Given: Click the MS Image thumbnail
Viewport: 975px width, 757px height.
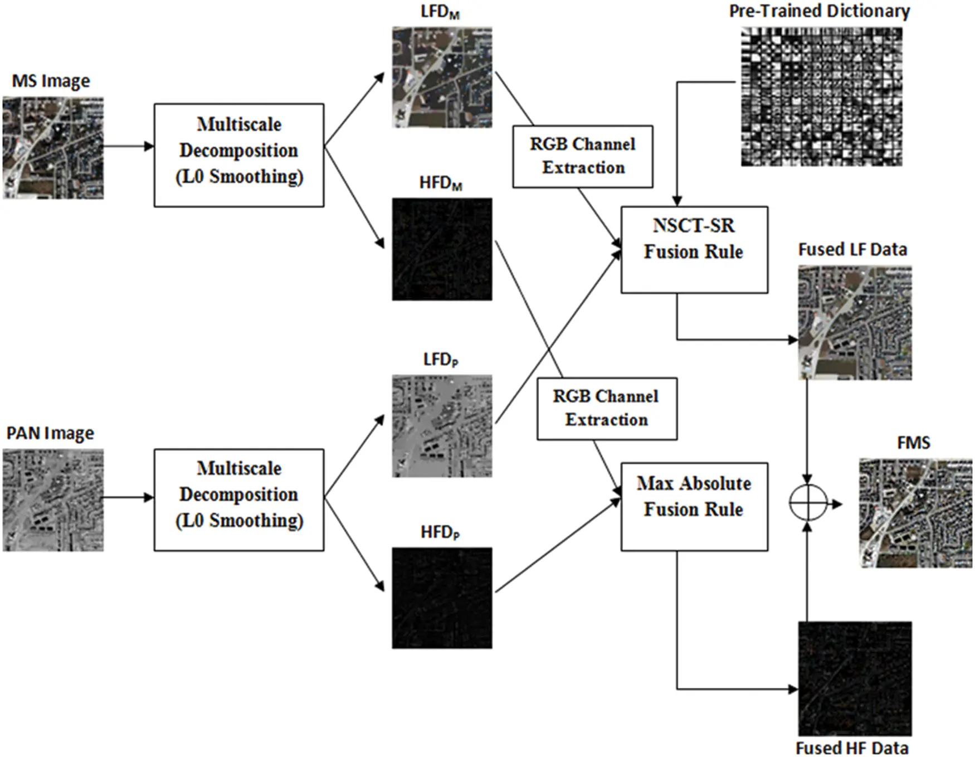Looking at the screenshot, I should pyautogui.click(x=53, y=148).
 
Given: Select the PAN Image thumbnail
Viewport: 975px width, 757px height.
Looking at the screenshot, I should pyautogui.click(x=53, y=500).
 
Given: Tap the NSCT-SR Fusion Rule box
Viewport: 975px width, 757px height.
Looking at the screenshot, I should pyautogui.click(x=694, y=250).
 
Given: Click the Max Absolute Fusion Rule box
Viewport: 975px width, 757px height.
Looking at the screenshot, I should pyautogui.click(x=694, y=507).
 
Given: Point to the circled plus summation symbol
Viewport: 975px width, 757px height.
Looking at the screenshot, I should pyautogui.click(x=808, y=504).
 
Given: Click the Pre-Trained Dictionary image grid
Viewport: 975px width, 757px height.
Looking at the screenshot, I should pyautogui.click(x=821, y=96).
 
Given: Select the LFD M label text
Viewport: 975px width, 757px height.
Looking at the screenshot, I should pyautogui.click(x=440, y=12).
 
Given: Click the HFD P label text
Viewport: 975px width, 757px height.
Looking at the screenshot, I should pyautogui.click(x=440, y=533).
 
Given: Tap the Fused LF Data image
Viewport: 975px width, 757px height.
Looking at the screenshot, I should pyautogui.click(x=855, y=323).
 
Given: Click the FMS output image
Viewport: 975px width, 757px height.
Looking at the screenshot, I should pyautogui.click(x=915, y=513).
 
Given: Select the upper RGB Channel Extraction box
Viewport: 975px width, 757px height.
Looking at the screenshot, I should pyautogui.click(x=583, y=156).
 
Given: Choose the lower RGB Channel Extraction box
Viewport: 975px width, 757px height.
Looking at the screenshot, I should pyautogui.click(x=607, y=409).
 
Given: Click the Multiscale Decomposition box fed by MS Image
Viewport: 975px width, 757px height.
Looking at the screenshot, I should pyautogui.click(x=239, y=155).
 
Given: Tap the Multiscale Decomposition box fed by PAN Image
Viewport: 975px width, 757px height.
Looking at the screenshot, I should pyautogui.click(x=239, y=500).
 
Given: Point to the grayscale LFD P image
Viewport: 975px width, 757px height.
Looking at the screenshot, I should pyautogui.click(x=442, y=426).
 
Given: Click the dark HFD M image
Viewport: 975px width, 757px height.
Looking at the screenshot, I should pyautogui.click(x=442, y=249).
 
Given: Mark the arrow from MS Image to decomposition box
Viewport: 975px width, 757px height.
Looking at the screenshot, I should pyautogui.click(x=129, y=147).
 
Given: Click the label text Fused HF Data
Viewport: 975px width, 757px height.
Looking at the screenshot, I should pyautogui.click(x=852, y=748).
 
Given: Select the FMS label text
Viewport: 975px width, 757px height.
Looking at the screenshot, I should pyautogui.click(x=914, y=443).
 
